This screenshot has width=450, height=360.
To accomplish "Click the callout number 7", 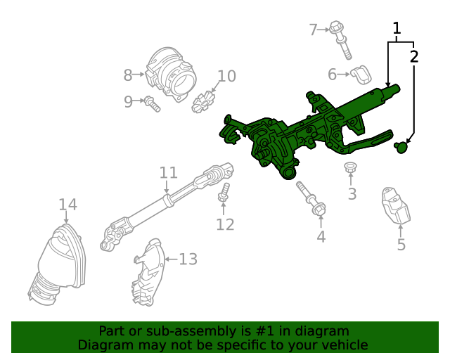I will (x=314, y=29).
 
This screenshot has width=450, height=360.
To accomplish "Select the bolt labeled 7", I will (x=341, y=39).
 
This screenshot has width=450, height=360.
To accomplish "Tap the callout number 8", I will (x=128, y=75).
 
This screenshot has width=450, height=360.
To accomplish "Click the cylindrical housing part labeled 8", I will (x=171, y=72).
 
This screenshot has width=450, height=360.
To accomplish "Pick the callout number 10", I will (x=226, y=76).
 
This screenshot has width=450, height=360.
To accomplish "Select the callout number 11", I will (x=168, y=172).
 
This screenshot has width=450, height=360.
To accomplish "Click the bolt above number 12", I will (x=224, y=193).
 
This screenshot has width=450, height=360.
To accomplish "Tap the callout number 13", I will (x=188, y=259).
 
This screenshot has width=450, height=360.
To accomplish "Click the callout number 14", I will (x=67, y=205).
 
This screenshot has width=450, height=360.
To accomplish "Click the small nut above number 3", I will (x=349, y=169).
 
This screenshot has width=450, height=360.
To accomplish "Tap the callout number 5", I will (x=401, y=245).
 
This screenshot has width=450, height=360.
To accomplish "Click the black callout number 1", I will (x=397, y=28).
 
